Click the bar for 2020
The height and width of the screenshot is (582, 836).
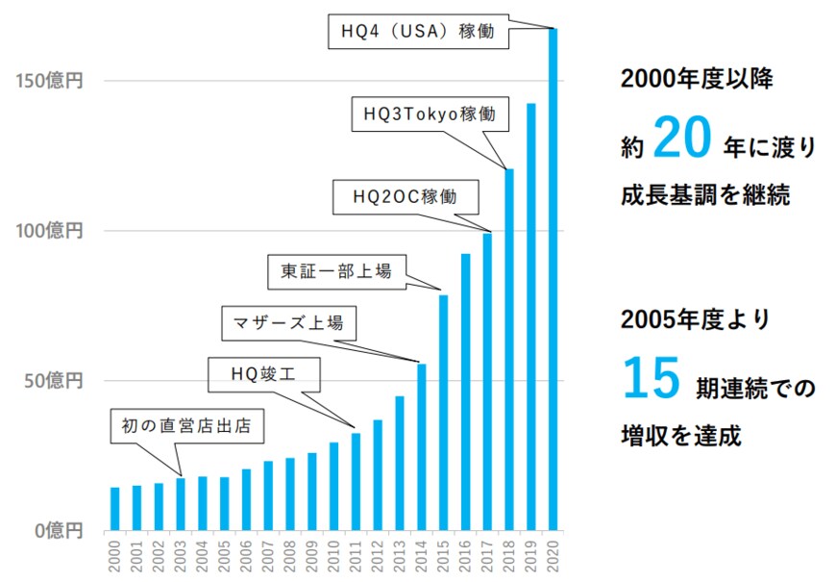(x=553, y=279)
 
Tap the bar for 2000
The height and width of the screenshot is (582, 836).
(x=115, y=509)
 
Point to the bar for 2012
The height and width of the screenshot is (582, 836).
(x=378, y=474)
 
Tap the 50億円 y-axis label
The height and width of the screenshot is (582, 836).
(x=55, y=381)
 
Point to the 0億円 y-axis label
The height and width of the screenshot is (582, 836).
(x=60, y=530)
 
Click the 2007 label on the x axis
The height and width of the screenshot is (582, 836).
(x=268, y=556)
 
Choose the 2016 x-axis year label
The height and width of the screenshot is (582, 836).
(x=465, y=556)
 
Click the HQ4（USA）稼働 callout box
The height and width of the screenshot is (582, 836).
(x=418, y=31)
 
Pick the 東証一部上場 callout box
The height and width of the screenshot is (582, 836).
(x=336, y=270)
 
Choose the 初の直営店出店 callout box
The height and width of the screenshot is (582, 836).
(x=185, y=425)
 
